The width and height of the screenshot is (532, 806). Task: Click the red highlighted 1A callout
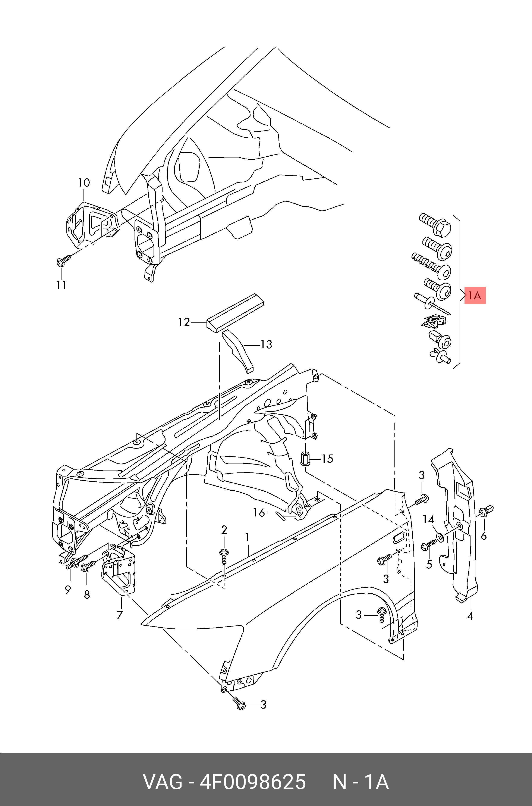tap(475, 295)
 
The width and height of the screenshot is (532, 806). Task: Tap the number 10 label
tap(84, 183)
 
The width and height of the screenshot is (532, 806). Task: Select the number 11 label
tap(62, 285)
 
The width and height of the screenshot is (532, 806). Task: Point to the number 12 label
tap(184, 322)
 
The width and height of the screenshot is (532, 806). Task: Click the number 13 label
tap(266, 344)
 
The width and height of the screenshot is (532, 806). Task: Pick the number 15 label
tap(327, 459)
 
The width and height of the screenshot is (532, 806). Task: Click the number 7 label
tap(119, 615)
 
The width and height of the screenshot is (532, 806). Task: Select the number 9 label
tap(68, 590)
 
